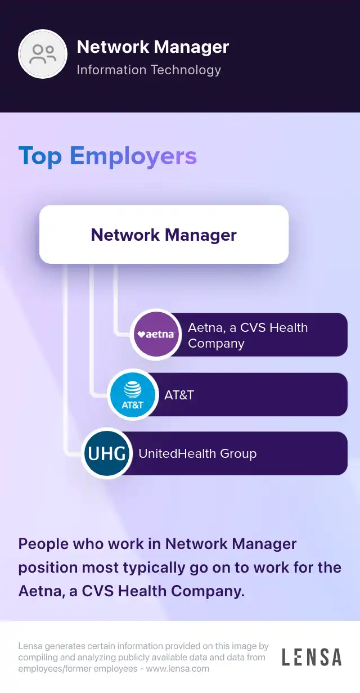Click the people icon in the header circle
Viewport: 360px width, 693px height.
43,54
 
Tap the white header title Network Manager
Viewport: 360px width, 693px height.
153,47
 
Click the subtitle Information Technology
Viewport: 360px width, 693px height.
148,70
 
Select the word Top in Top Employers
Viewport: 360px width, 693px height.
40,156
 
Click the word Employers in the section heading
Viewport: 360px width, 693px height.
133,156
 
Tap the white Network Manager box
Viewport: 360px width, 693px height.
164,234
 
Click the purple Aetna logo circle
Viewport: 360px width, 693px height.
156,335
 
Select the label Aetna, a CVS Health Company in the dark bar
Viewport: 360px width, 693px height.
247,335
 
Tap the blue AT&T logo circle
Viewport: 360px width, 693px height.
133,394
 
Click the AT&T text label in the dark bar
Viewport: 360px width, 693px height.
179,395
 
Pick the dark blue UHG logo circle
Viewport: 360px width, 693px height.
107,453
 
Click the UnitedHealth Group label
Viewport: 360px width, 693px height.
197,454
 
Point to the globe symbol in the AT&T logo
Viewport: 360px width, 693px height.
133,389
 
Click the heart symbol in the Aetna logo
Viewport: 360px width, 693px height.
141,334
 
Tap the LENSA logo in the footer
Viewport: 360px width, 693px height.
312,658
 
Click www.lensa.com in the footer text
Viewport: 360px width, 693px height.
178,669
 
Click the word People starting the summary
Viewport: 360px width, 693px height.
44,544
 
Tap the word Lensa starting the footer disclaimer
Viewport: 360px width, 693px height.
30,646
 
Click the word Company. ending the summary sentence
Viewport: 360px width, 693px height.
208,591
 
